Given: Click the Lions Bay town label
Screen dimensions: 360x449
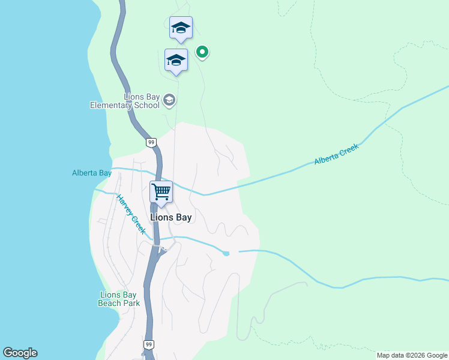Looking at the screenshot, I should point(171,217).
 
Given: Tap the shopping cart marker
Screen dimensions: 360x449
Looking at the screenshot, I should point(161,192).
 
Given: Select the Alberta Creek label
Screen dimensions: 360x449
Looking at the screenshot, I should point(336,154).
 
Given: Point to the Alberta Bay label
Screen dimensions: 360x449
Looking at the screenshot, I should point(92,173).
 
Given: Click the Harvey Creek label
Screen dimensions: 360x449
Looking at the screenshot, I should point(131,214).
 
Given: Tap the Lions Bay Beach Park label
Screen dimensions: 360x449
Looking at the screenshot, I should point(119,299).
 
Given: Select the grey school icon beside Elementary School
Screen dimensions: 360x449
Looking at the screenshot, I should point(169,100).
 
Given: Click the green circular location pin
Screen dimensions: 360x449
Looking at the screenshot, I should point(203,52).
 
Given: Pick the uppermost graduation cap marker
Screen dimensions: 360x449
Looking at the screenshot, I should point(181,28).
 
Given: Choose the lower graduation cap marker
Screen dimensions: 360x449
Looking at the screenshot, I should point(176,60).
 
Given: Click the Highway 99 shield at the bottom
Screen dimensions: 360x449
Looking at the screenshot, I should point(149,344).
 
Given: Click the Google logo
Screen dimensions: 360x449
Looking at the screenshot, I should point(20,353).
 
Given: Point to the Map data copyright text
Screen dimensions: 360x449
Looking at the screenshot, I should point(412,355).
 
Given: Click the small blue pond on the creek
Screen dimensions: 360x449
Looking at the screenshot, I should point(226,253).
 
